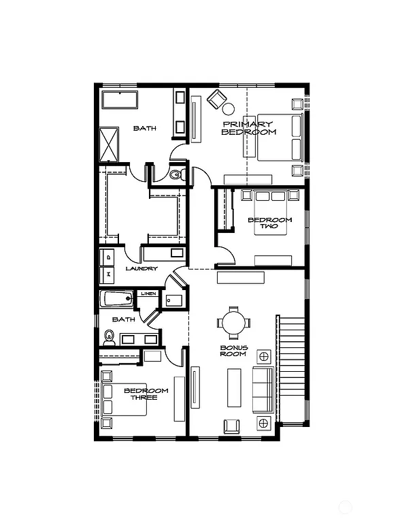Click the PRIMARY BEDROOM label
pyautogui.click(x=248, y=129)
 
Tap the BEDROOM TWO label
pyautogui.click(x=270, y=224)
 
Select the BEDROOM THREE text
pyautogui.click(x=146, y=394)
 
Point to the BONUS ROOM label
pyautogui.click(x=233, y=351)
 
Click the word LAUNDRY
pyautogui.click(x=141, y=269)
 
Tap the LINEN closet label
pyautogui.click(x=148, y=294)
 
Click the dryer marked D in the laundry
pyautogui.click(x=107, y=257)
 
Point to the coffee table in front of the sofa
pyautogui.click(x=234, y=388)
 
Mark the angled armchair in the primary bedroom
pyautogui.click(x=216, y=99)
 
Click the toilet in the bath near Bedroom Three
pyautogui.click(x=109, y=336)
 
